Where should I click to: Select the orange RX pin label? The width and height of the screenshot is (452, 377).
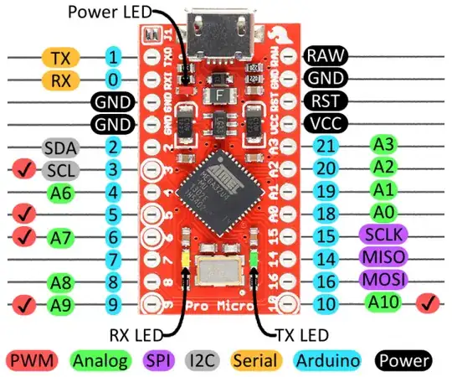60,80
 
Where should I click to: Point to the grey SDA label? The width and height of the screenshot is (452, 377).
61,148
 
